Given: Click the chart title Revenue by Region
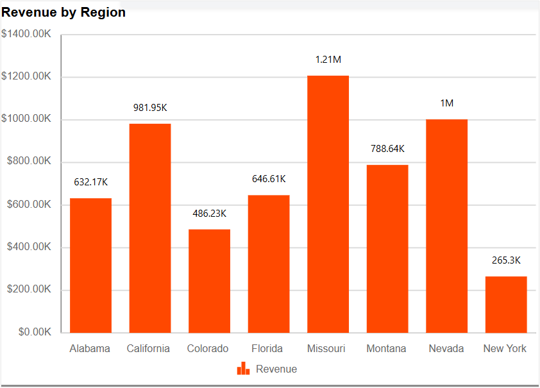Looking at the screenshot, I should [x=63, y=13].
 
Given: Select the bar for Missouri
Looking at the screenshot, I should [x=328, y=204].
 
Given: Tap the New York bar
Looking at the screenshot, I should [x=506, y=305].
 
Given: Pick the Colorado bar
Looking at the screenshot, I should [x=209, y=281].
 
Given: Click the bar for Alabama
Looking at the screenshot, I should [x=90, y=266].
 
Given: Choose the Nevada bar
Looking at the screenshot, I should [x=446, y=226].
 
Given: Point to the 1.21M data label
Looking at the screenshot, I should [x=328, y=60].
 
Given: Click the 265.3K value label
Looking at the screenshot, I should [x=506, y=260].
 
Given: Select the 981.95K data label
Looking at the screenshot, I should [x=150, y=108].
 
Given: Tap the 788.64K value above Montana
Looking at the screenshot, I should [x=387, y=149].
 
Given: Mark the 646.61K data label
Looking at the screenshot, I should [x=269, y=179].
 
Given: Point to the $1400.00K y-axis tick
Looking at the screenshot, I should [x=26, y=34].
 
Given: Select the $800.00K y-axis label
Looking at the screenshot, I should [x=29, y=162].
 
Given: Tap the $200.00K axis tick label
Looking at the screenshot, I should [x=29, y=289].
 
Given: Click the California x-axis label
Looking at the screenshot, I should [x=148, y=349].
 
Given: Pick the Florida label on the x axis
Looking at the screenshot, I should [x=267, y=349].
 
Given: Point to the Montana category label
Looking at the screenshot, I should [x=386, y=349].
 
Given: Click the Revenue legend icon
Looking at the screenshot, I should [x=243, y=369].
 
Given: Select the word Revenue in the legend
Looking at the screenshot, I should [x=276, y=369].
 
